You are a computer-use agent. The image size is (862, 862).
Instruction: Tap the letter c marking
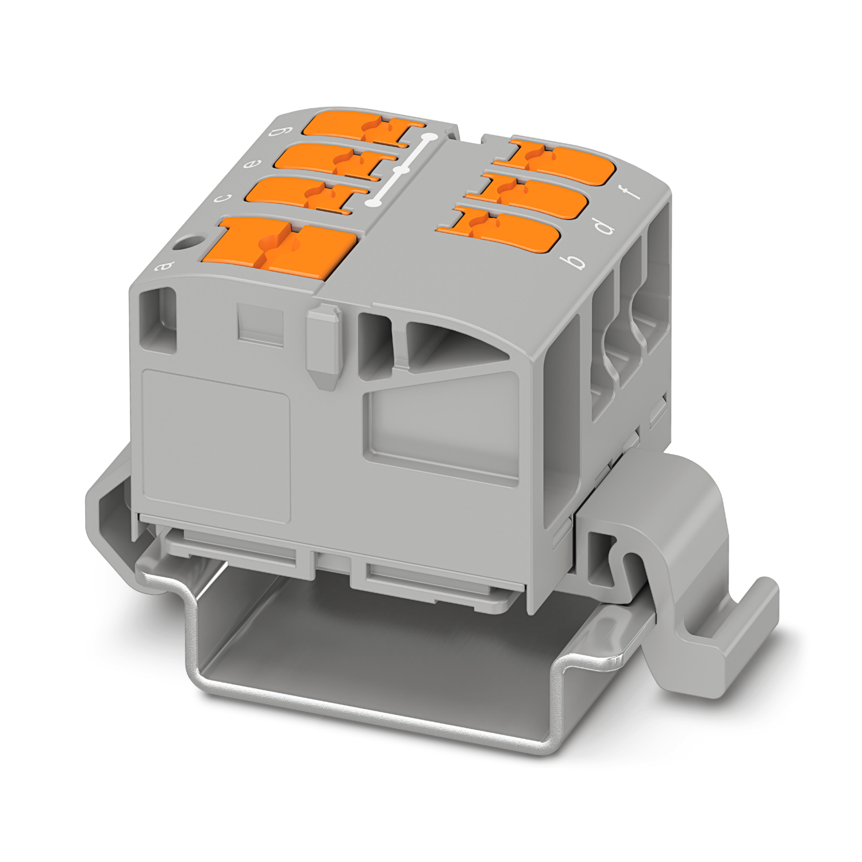tap(222, 199)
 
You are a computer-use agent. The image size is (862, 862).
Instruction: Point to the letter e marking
tap(251, 166)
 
